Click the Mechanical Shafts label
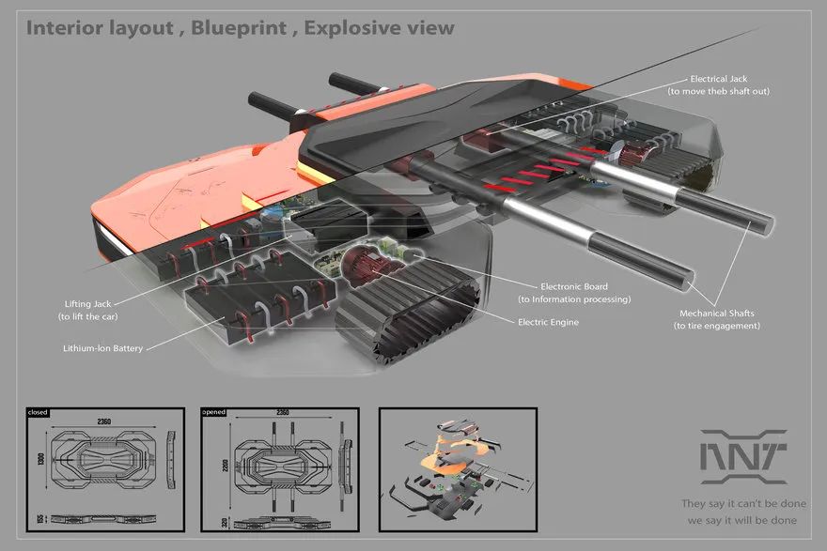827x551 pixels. tap(717, 314)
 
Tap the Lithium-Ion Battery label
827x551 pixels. tap(101, 349)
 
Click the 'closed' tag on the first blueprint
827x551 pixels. tap(38, 412)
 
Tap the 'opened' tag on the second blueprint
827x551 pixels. tap(214, 412)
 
